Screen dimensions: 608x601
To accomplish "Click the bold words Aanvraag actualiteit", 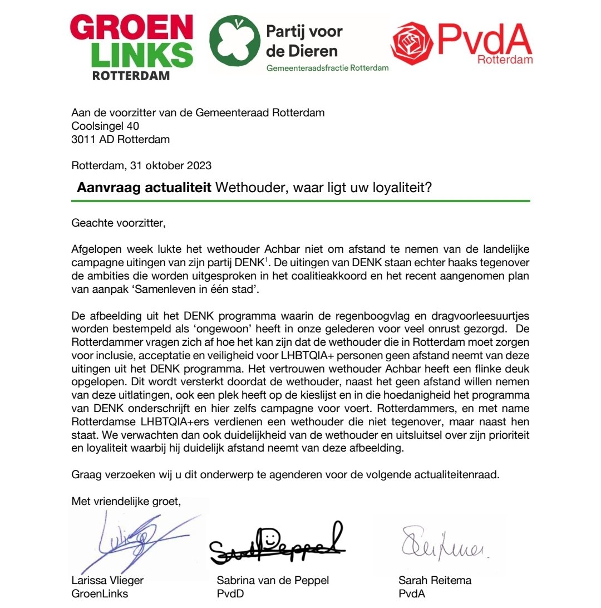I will pos(144,188).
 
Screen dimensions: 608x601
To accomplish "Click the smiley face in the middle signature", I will pos(269,537).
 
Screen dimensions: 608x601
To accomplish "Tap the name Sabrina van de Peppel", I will pos(273,580).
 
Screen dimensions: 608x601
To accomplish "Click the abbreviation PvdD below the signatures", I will pos(228,594).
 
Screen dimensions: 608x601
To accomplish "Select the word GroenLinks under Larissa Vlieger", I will pos(100,594).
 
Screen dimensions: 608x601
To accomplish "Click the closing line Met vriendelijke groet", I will pos(126,501).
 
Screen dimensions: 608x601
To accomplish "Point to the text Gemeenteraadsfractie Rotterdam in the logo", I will pos(327,68).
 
